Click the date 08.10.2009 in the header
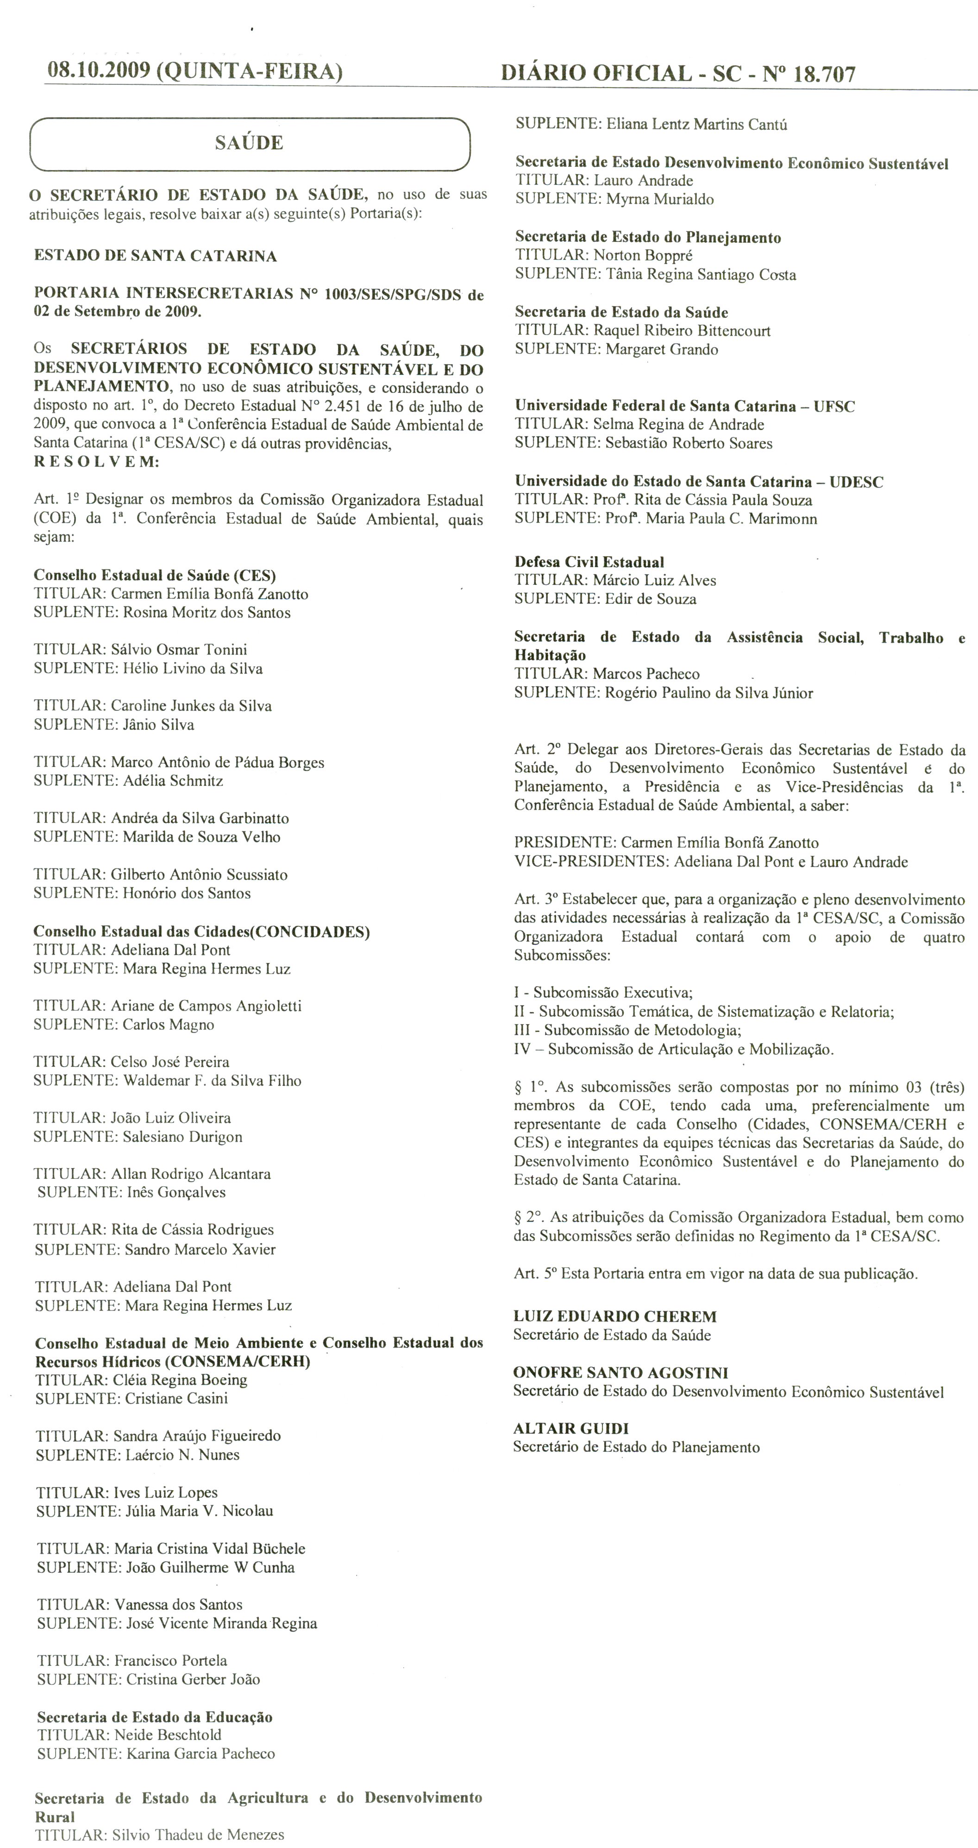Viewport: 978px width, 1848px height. [98, 71]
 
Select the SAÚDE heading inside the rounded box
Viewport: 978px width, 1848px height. [249, 143]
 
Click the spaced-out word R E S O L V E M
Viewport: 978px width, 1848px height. [96, 462]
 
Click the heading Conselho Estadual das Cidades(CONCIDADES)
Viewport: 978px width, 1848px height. [201, 932]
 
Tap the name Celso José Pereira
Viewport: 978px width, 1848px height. [170, 1062]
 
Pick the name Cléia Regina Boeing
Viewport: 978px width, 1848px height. [180, 1380]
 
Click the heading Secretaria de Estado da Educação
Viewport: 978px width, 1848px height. [155, 1717]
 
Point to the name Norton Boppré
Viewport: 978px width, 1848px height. [643, 255]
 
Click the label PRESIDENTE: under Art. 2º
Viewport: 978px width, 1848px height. [564, 843]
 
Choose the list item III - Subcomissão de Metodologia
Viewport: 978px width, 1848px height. [627, 1030]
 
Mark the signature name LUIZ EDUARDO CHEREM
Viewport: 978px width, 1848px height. [614, 1316]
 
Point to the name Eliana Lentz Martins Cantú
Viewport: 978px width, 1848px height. [696, 124]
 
